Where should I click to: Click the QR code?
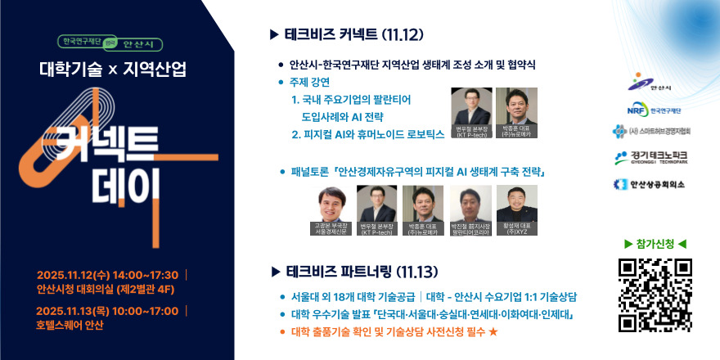click(655, 295)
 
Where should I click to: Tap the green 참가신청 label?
click(655, 244)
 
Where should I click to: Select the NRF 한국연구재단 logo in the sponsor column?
click(655, 109)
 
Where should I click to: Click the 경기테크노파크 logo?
click(655, 156)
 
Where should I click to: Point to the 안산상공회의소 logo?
click(655, 184)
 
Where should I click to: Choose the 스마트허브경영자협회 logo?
click(655, 131)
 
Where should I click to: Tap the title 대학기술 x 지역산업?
click(113, 70)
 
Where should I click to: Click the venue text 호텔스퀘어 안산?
click(70, 325)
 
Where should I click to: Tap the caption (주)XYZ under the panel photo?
click(517, 232)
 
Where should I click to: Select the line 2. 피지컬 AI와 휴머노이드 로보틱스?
click(367, 132)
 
